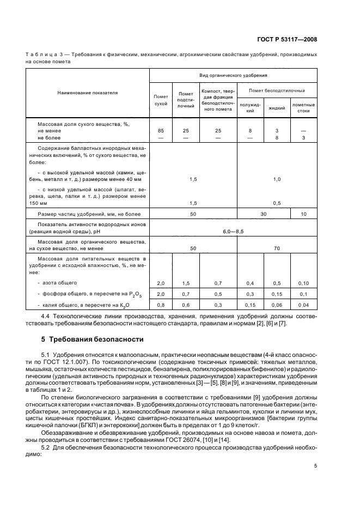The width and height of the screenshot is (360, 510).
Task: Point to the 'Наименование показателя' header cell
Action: [x=88, y=93]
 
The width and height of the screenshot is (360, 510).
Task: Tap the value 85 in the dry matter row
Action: [x=161, y=131]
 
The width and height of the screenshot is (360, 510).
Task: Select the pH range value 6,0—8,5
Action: [x=233, y=231]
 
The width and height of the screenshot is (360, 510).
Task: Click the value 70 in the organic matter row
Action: [x=277, y=247]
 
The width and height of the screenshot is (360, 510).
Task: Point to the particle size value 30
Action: [x=263, y=215]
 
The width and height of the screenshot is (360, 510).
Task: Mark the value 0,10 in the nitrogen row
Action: [x=303, y=283]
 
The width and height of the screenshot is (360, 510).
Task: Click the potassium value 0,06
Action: [x=277, y=305]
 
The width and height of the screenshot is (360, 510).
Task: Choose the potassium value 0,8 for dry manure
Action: [x=161, y=305]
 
